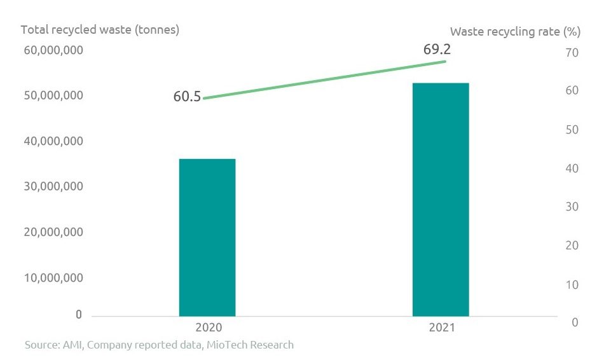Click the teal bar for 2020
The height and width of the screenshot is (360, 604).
point(207,237)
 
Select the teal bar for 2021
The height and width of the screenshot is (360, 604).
point(441,199)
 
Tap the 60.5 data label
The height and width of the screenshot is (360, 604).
point(187,97)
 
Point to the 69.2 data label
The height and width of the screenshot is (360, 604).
point(437,49)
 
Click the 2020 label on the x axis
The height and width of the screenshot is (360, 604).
point(207,328)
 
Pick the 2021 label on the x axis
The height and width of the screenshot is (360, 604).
point(441,328)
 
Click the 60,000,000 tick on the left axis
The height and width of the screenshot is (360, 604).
point(53,50)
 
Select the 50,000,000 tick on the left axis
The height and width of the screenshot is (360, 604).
point(53,95)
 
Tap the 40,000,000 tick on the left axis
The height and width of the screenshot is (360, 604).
point(53,141)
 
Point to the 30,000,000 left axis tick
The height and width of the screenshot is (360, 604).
point(53,186)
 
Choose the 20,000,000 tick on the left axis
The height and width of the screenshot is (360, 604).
point(53,232)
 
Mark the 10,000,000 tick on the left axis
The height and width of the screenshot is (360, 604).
point(53,277)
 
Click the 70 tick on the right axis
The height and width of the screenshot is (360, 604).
point(572,53)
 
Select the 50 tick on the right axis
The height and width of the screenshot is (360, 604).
point(572,130)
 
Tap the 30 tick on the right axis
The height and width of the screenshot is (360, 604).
point(572,207)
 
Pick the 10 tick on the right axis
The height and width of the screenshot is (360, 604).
point(572,284)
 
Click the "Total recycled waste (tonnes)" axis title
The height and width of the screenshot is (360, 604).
point(100,30)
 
